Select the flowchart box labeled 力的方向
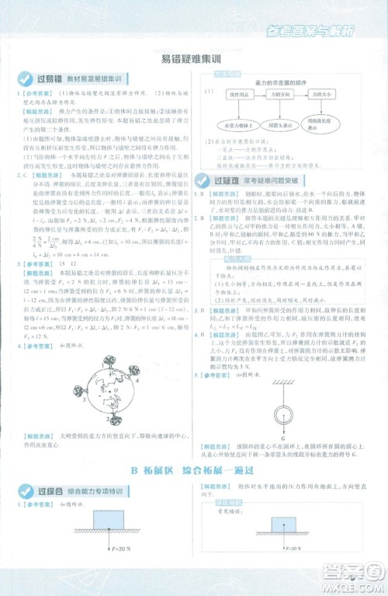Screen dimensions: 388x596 pos(275,94)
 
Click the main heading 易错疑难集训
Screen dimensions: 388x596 pos(193,56)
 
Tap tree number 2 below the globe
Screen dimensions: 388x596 pos(116,419)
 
